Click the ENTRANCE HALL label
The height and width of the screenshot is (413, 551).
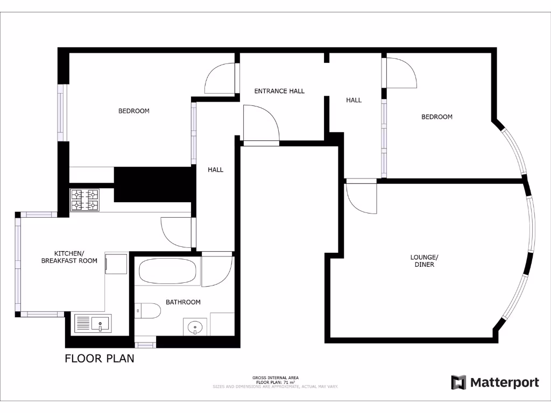(x=279, y=91)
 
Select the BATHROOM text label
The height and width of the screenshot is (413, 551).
(x=183, y=302)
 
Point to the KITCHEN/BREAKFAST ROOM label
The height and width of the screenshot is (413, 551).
(x=69, y=257)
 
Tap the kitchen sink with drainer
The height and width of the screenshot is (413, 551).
(x=93, y=323)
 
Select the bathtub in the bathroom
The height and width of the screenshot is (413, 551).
(x=167, y=272)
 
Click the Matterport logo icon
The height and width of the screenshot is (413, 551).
(x=458, y=382)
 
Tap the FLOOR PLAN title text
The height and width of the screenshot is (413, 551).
(x=100, y=358)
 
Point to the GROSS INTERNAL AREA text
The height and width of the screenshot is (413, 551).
(x=275, y=378)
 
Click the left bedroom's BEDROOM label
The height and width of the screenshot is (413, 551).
(x=134, y=111)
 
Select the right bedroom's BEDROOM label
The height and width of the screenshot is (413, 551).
(x=437, y=117)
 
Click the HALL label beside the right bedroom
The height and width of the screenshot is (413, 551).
(x=354, y=100)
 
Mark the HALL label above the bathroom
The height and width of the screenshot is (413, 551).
(x=216, y=169)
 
